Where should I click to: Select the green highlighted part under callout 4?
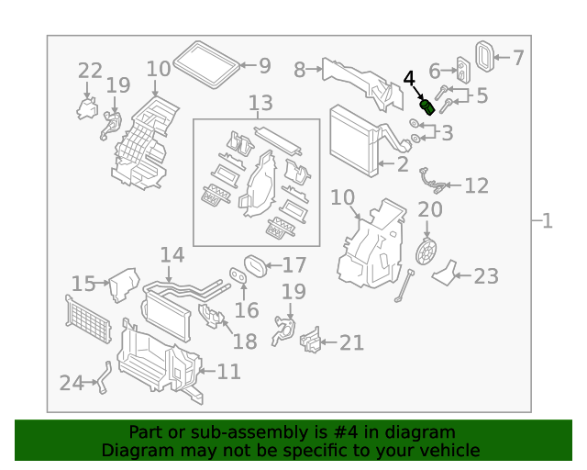pyautogui.click(x=426, y=106)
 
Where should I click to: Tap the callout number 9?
pyautogui.click(x=264, y=65)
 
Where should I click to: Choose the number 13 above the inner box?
pyautogui.click(x=260, y=104)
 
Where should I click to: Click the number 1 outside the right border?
pyautogui.click(x=547, y=221)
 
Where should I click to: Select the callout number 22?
pyautogui.click(x=90, y=71)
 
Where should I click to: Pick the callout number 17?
pyautogui.click(x=293, y=265)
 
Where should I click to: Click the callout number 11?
pyautogui.click(x=228, y=372)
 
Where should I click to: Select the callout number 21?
pyautogui.click(x=351, y=343)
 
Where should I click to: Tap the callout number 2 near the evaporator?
pyautogui.click(x=401, y=165)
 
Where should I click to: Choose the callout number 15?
pyautogui.click(x=83, y=284)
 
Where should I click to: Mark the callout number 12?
pyautogui.click(x=476, y=186)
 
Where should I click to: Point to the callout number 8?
pyautogui.click(x=300, y=70)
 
